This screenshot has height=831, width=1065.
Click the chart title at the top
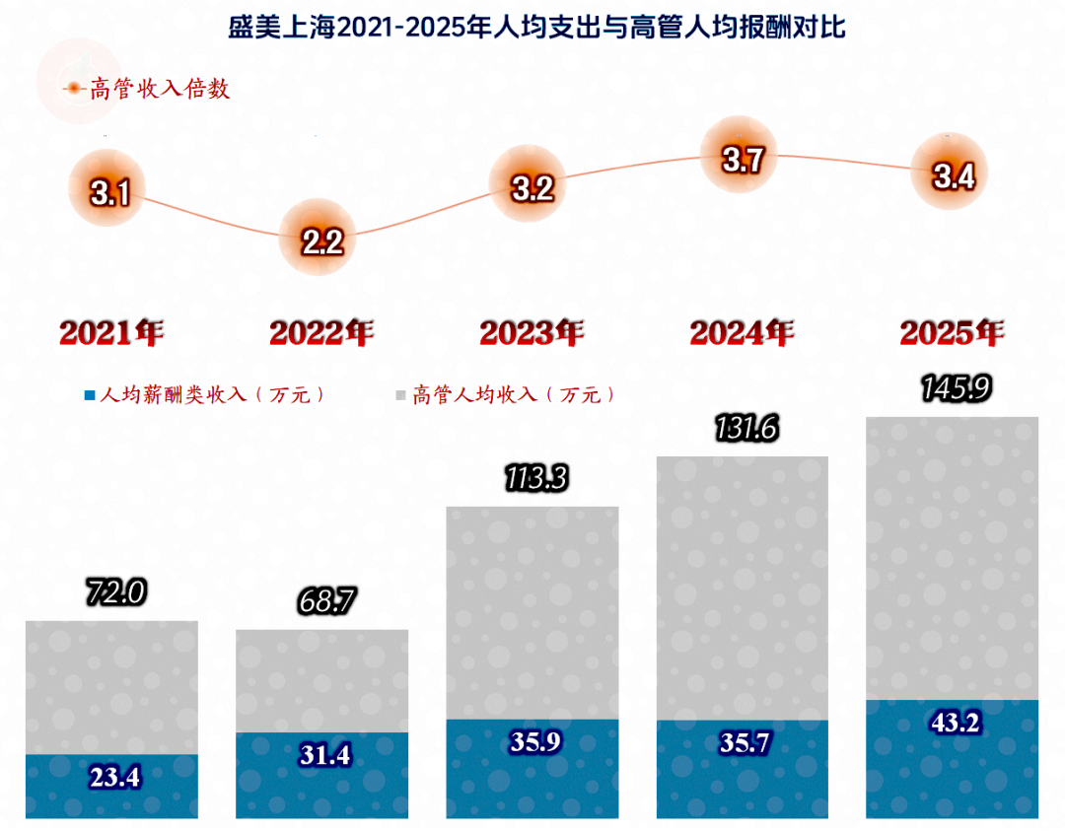coord(532,26)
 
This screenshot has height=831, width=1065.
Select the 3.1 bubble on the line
coord(109,191)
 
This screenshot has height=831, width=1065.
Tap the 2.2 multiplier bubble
coord(322,240)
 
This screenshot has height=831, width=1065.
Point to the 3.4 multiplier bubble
coord(954,175)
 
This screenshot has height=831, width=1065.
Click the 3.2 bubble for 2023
coord(532,187)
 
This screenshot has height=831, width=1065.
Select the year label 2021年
coord(110,333)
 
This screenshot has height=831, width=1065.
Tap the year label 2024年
coord(742,333)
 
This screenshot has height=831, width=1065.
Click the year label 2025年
coord(952,333)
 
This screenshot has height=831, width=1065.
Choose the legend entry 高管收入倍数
coord(148,90)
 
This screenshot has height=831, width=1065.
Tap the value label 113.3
coord(532,478)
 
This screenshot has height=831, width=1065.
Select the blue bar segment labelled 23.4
coord(111,787)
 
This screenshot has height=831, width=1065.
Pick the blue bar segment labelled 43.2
coord(953,759)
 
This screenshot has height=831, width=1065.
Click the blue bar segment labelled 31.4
coord(322,776)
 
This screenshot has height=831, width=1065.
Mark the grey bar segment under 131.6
coord(743,588)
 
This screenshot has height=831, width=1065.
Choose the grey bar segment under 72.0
coord(111,687)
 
